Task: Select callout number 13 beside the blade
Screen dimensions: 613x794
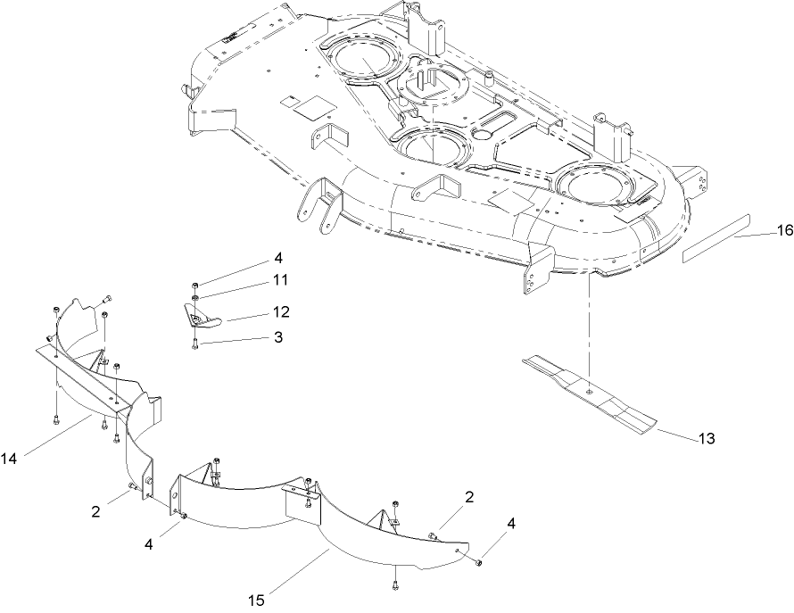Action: coord(706,439)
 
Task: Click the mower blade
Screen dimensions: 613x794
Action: coord(589,392)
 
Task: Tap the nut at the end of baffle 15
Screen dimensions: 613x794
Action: coord(479,560)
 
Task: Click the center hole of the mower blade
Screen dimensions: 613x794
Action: coord(589,389)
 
